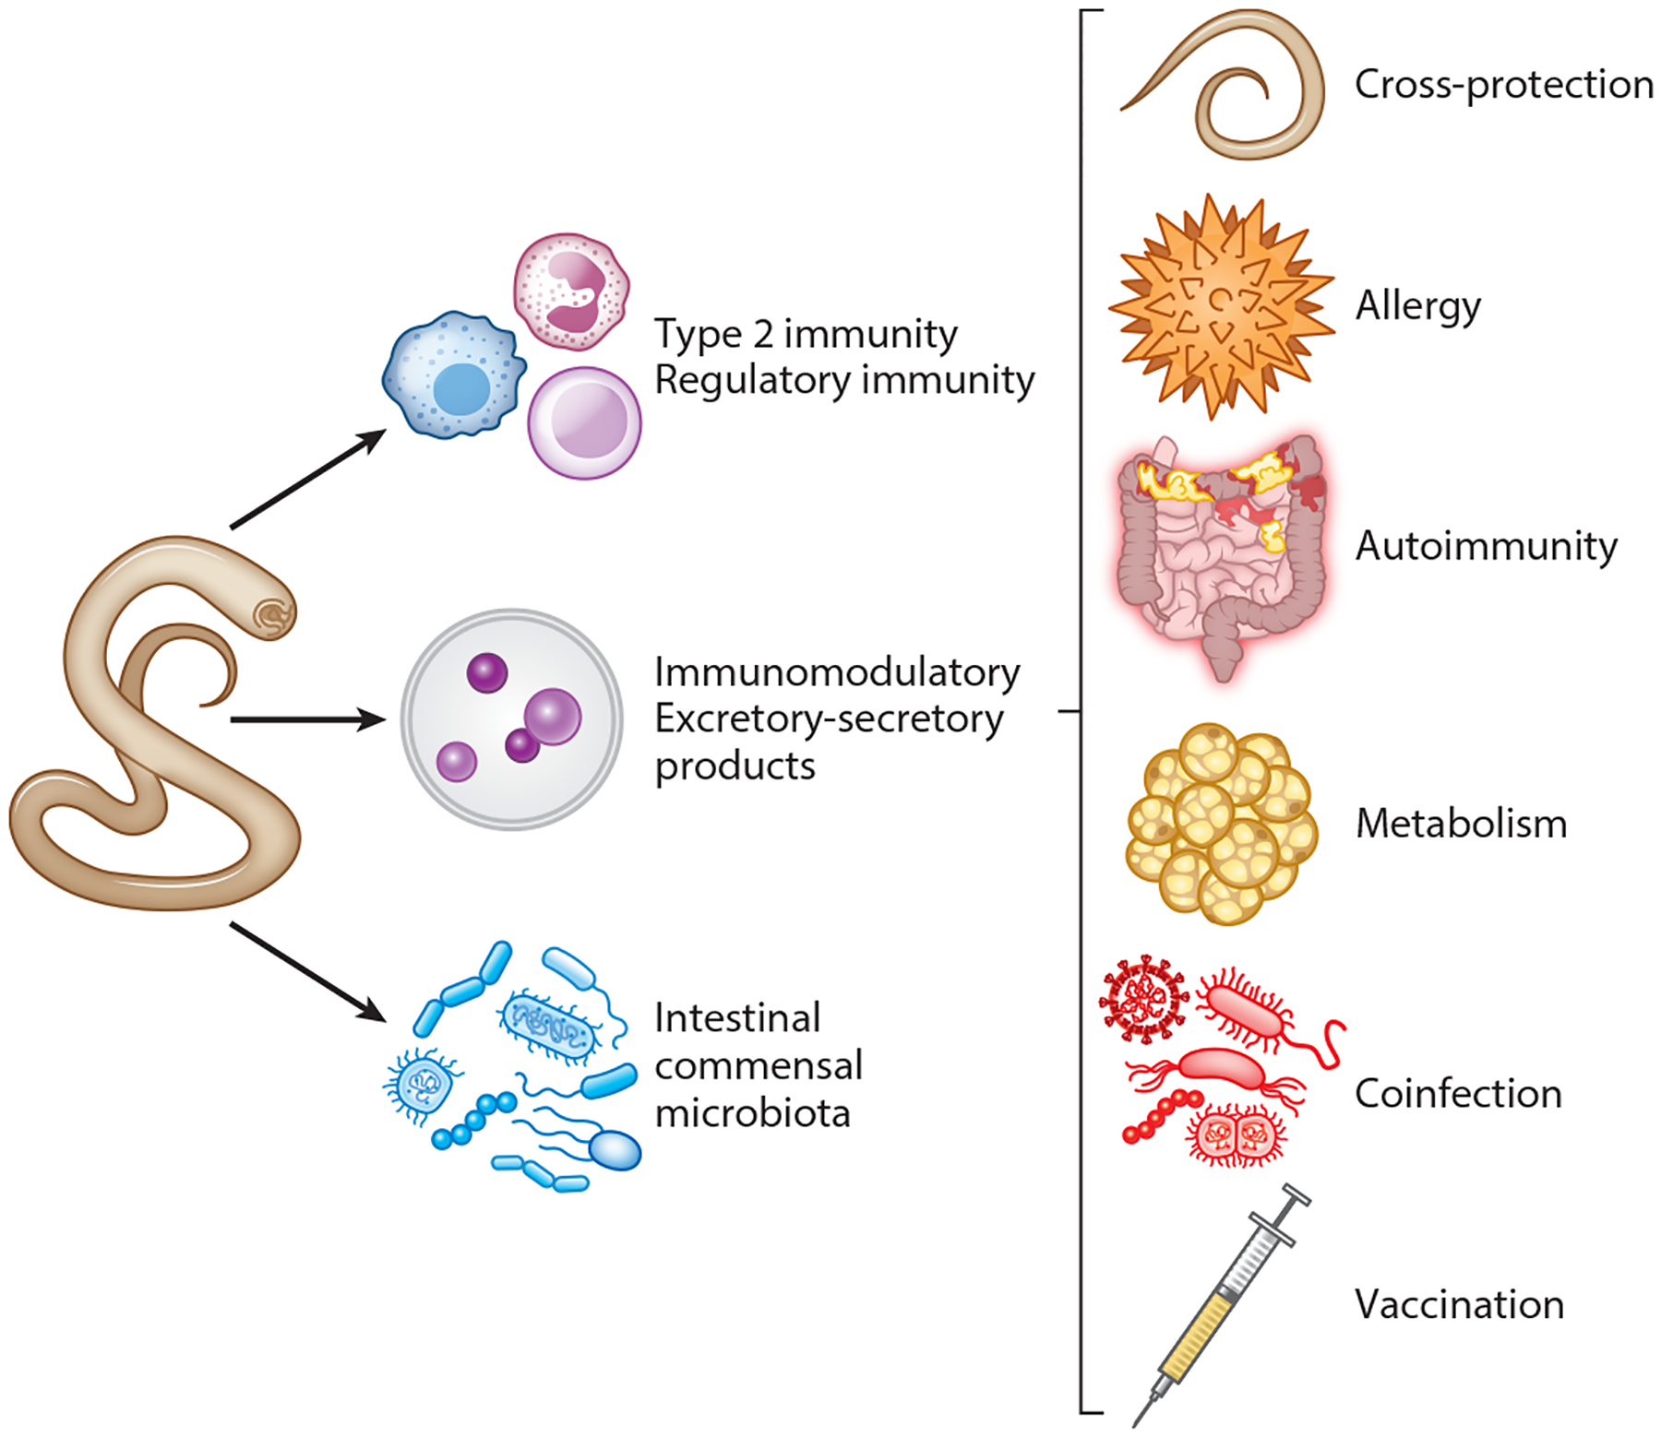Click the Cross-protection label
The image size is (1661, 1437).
[1503, 85]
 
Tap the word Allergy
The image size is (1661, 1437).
[1417, 306]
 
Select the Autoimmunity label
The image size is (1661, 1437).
[1486, 546]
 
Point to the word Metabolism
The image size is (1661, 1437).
[1461, 824]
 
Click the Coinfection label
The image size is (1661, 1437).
[1458, 1094]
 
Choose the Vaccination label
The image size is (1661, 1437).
[1459, 1305]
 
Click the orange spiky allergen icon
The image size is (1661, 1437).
[1221, 307]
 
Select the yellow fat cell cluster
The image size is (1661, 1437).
[1220, 824]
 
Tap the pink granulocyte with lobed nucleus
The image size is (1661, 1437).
[571, 291]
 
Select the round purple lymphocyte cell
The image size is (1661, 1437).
[584, 422]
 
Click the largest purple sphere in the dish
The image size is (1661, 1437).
[552, 717]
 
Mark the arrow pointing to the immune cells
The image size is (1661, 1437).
[307, 480]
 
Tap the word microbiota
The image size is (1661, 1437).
[752, 1113]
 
